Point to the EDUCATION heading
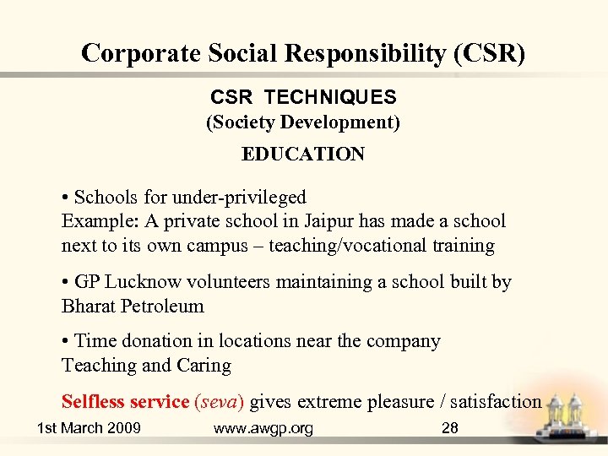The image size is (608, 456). coord(303,155)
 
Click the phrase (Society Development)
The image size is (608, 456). coord(303,122)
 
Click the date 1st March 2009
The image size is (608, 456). coord(89,428)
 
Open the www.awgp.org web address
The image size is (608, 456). coord(263,428)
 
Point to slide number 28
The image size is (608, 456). coord(450,428)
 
